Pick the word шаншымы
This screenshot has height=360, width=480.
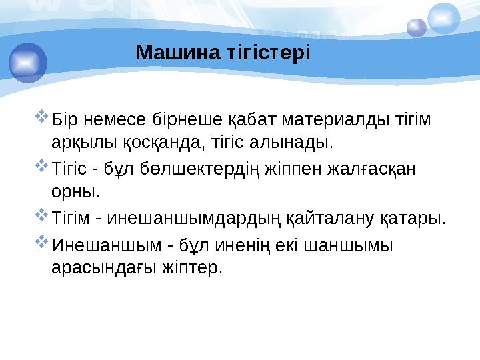point(357,245)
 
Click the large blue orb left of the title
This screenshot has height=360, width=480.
point(27,62)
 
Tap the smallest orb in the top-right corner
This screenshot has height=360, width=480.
point(417,27)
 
